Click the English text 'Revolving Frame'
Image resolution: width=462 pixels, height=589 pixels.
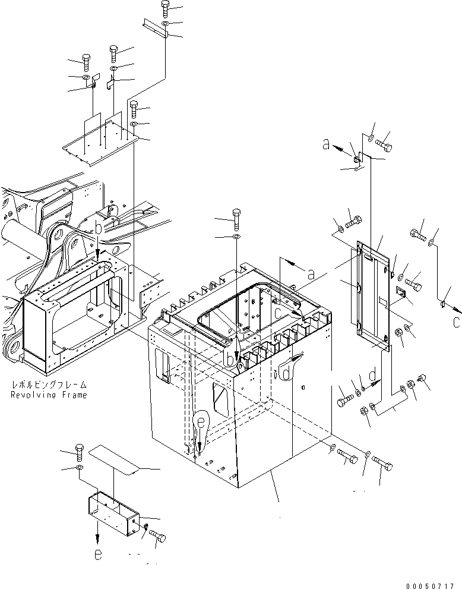point(49,395)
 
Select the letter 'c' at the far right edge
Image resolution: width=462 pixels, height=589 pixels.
point(456,323)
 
